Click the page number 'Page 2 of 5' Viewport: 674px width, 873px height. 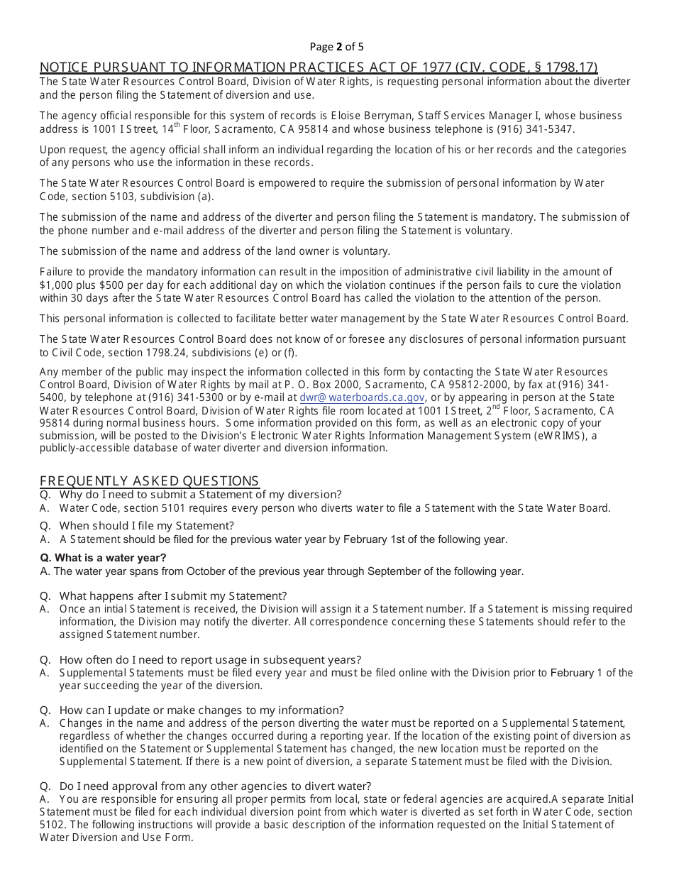(336, 47)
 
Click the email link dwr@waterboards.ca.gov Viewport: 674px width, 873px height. (362, 398)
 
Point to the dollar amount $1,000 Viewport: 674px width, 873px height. (58, 285)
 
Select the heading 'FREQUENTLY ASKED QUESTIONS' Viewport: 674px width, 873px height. (149, 481)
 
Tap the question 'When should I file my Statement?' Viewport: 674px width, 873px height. (146, 526)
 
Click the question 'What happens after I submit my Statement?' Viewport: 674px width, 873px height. (172, 595)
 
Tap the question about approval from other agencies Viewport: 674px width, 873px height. (214, 786)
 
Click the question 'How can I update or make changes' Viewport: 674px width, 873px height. (201, 710)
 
